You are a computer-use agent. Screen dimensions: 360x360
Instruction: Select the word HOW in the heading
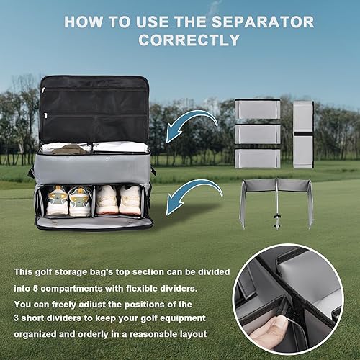84,22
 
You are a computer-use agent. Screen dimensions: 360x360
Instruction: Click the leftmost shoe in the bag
58,201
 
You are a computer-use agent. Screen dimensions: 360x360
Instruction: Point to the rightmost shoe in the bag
130,199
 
